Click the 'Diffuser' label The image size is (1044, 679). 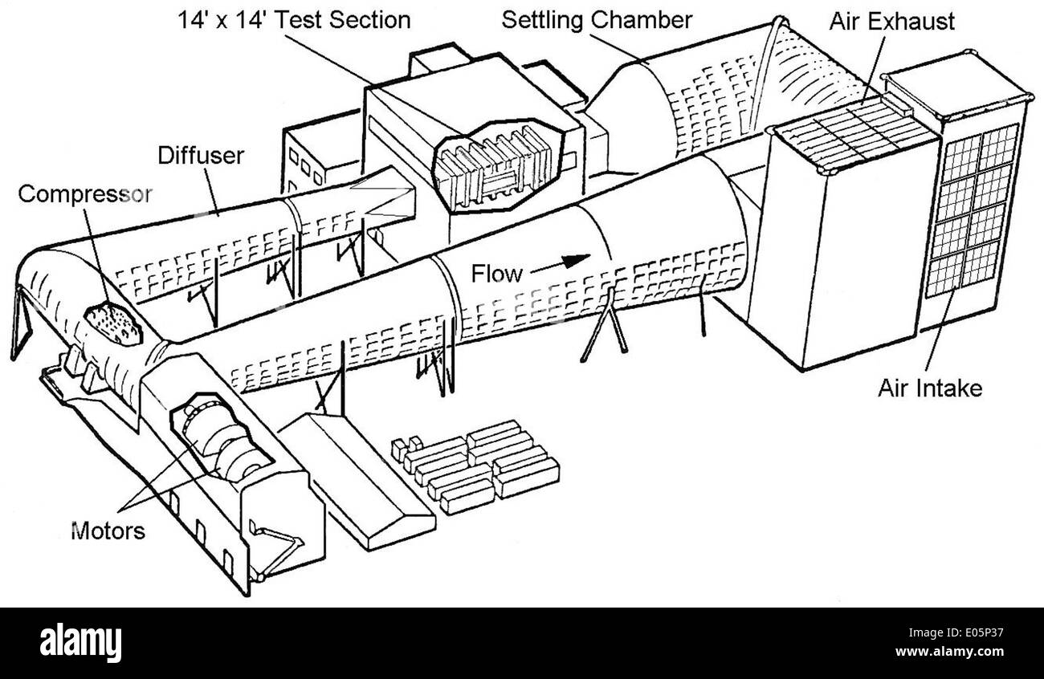click(200, 154)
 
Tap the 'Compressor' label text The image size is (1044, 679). click(84, 194)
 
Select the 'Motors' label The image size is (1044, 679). click(108, 531)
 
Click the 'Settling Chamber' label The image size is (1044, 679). click(597, 19)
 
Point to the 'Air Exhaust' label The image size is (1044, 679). click(891, 21)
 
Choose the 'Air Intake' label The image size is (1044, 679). click(929, 388)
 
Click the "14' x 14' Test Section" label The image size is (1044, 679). click(294, 19)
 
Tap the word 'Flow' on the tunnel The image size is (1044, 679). click(496, 274)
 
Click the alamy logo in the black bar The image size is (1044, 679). click(80, 643)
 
